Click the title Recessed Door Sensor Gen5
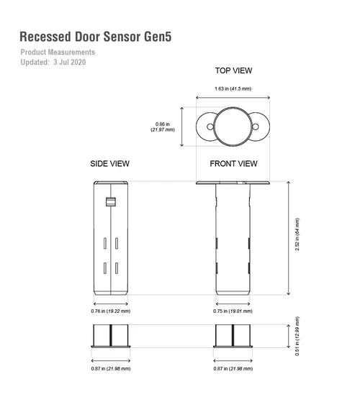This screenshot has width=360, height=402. click(x=96, y=37)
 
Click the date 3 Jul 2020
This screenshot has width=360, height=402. click(x=70, y=62)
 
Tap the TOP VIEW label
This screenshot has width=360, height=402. click(x=233, y=70)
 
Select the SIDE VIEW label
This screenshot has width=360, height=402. click(x=109, y=163)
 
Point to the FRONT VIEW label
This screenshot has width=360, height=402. click(x=233, y=163)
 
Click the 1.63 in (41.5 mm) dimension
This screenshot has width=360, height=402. click(x=233, y=88)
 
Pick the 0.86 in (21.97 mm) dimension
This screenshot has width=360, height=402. click(x=163, y=127)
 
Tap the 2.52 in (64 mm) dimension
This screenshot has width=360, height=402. click(x=297, y=234)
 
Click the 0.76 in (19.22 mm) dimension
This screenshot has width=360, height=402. click(x=111, y=311)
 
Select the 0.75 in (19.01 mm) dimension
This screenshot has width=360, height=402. click(x=233, y=311)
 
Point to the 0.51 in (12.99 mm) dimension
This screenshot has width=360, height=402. click(x=297, y=336)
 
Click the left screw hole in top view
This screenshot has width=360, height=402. click(x=210, y=127)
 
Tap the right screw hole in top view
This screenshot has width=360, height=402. click(x=256, y=127)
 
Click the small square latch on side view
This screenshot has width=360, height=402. click(x=111, y=202)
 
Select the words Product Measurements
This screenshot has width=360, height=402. click(x=58, y=52)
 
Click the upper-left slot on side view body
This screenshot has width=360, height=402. click(x=105, y=243)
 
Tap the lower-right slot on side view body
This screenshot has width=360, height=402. click(x=117, y=268)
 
